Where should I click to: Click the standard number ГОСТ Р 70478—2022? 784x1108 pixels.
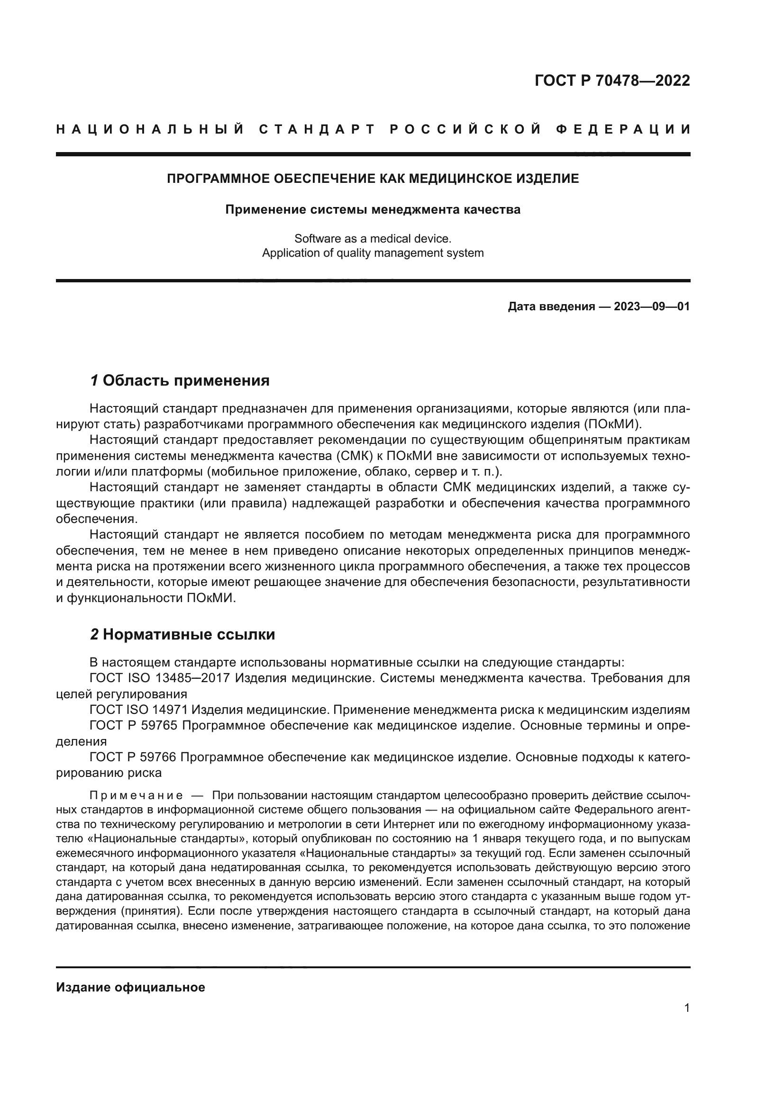click(x=612, y=81)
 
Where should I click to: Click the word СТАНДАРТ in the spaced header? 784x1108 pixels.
click(x=317, y=129)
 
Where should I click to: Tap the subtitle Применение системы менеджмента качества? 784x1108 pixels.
click(x=373, y=210)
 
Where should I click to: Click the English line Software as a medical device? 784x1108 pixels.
click(x=373, y=238)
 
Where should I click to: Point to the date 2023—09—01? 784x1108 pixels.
click(x=652, y=306)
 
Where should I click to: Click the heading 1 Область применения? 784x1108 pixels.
click(x=180, y=381)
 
